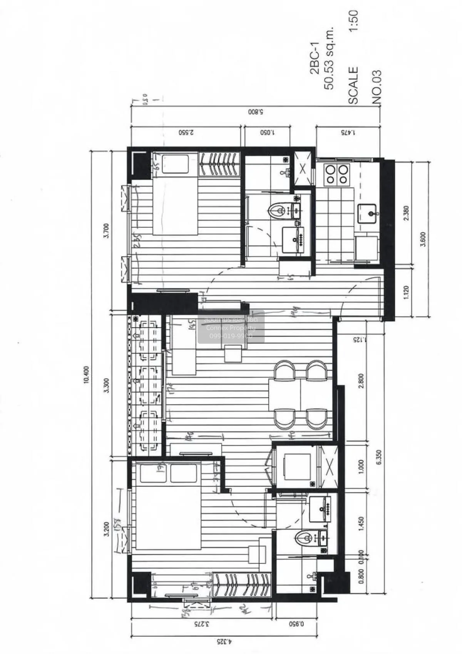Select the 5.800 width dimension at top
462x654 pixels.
tap(254, 113)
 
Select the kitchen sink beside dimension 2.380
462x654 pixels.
tap(368, 213)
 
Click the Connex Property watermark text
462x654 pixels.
tap(231, 328)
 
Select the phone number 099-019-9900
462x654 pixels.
tap(231, 336)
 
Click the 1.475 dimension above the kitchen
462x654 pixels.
tap(348, 132)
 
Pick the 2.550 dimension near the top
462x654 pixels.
tap(186, 132)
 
